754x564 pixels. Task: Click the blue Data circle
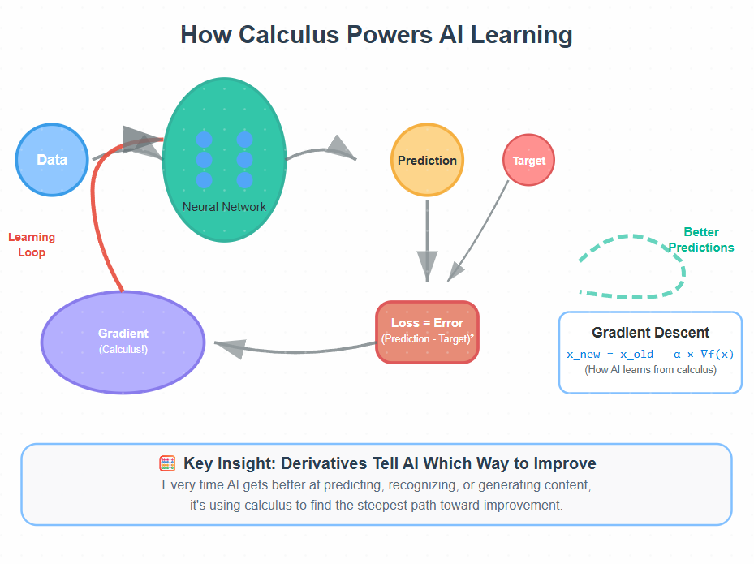[x=52, y=160]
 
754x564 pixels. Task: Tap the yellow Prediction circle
[x=427, y=161]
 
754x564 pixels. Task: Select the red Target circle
[x=529, y=161]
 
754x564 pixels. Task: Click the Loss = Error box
[x=427, y=323]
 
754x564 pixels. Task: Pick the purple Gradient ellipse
[x=123, y=342]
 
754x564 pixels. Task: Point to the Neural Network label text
[x=224, y=207]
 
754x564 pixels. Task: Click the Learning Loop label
[x=32, y=245]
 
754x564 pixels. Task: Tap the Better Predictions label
[x=702, y=239]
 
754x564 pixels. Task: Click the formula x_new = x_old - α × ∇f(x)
[x=650, y=355]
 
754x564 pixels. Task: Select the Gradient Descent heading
[x=650, y=333]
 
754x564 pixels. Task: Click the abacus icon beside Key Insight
[x=167, y=464]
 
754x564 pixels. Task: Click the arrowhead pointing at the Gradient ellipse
[x=230, y=348]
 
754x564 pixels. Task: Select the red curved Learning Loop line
[x=95, y=211]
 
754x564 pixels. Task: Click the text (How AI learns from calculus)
[x=650, y=370]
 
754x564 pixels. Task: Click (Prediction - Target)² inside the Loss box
[x=427, y=338]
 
